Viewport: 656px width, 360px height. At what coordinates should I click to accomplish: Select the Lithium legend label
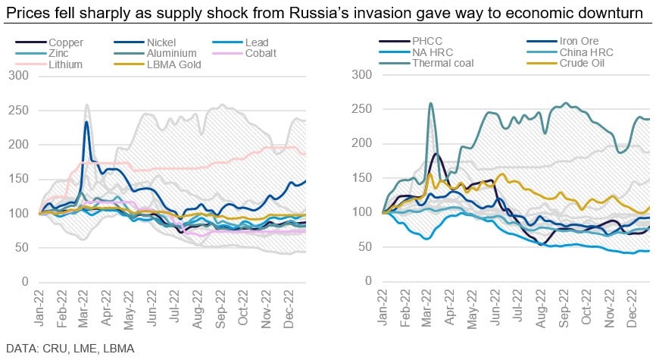click(x=65, y=64)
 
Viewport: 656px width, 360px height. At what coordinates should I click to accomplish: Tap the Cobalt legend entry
click(x=245, y=53)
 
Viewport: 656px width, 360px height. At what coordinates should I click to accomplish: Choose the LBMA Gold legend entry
click(x=158, y=64)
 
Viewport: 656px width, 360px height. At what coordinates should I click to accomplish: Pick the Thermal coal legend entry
click(x=426, y=63)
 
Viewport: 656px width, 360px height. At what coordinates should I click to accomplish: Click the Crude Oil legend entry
click(x=566, y=63)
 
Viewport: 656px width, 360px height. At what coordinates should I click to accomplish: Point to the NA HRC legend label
click(x=433, y=52)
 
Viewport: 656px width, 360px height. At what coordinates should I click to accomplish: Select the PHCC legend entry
click(x=411, y=41)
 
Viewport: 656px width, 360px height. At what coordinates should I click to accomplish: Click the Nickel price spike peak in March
click(x=86, y=122)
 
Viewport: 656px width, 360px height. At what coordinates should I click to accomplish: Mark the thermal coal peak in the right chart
click(x=431, y=103)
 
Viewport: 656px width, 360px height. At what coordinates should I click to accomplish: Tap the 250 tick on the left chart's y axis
click(x=18, y=110)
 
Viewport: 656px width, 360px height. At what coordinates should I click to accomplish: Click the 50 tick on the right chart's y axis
click(x=364, y=246)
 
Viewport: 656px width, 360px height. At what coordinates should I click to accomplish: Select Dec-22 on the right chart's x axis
click(x=633, y=308)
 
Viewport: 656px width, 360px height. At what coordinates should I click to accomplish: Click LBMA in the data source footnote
click(x=119, y=349)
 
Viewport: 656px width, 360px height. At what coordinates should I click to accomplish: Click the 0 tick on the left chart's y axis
click(x=25, y=282)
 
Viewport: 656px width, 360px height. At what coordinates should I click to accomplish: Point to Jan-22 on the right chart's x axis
click(x=382, y=308)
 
